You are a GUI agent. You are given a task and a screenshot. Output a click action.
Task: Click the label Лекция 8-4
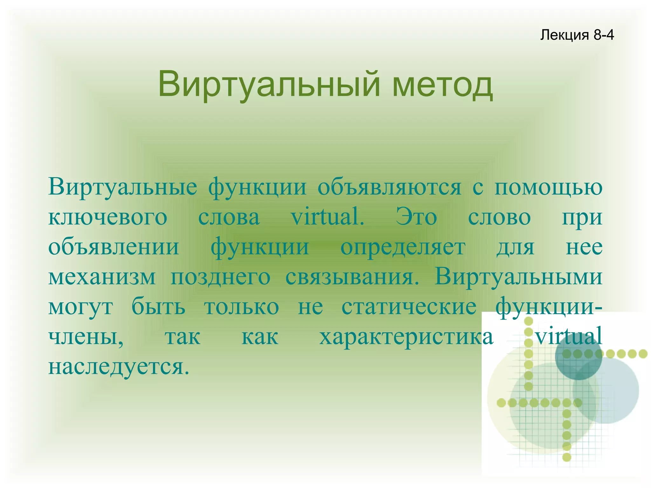pyautogui.click(x=577, y=35)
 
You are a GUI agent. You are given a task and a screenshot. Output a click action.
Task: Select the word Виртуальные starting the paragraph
pyautogui.click(x=122, y=187)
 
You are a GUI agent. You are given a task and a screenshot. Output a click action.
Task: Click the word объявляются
pyautogui.click(x=389, y=187)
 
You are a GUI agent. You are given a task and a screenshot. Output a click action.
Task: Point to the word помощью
pyautogui.click(x=548, y=187)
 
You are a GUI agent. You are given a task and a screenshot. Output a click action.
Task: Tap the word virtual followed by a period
pyautogui.click(x=327, y=217)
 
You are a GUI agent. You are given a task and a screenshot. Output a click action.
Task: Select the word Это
pyautogui.click(x=416, y=217)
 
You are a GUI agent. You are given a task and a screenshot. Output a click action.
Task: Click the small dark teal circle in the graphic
pyautogui.click(x=579, y=356)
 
